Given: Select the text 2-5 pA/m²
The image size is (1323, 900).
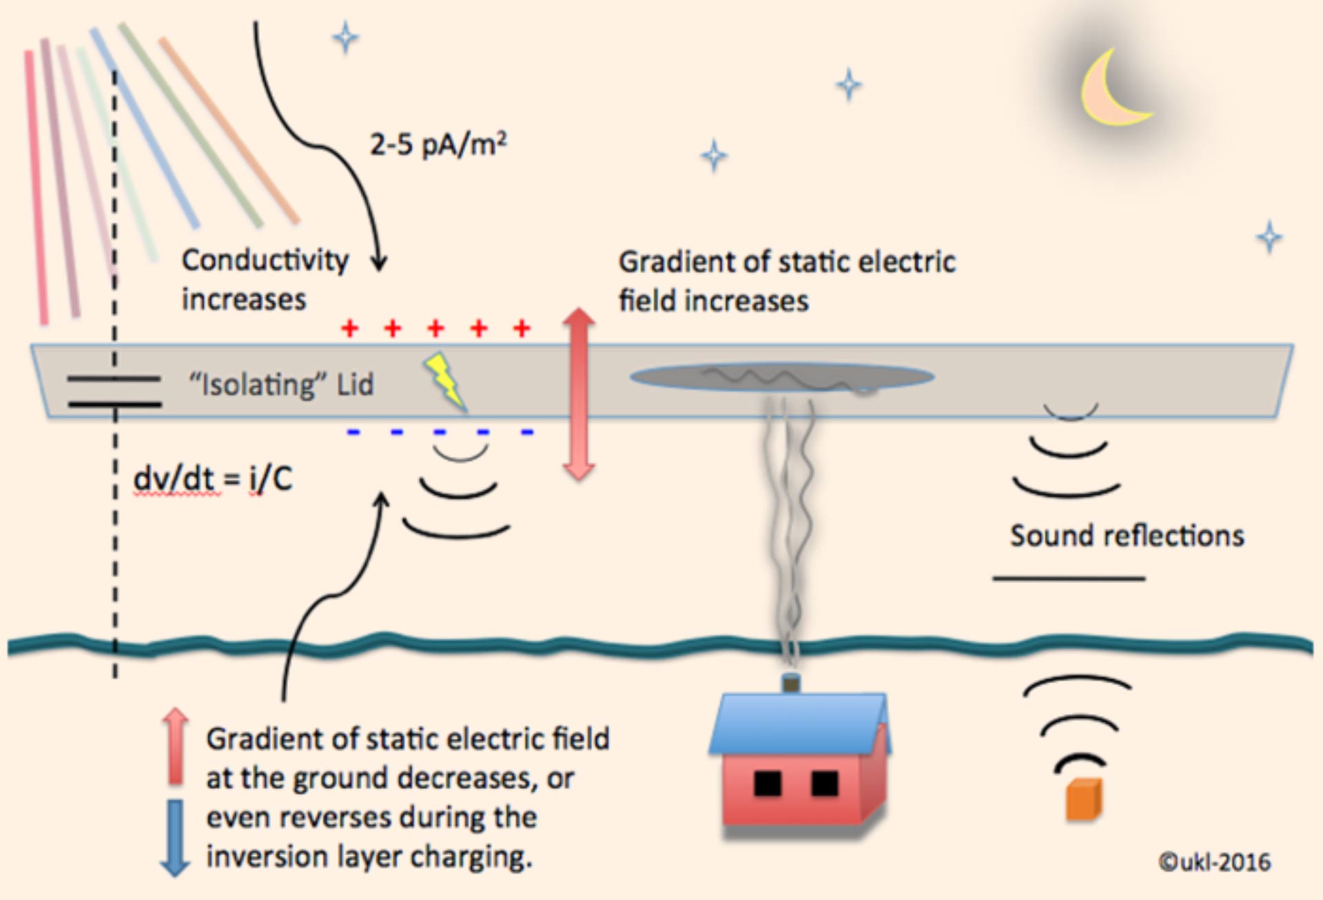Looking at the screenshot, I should [438, 145].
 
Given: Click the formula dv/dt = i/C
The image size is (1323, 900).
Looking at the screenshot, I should [213, 478].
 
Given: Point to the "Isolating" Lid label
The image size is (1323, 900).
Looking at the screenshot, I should [281, 385].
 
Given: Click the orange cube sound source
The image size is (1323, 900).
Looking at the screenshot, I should [1083, 799].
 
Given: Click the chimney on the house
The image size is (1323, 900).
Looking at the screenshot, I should [791, 683].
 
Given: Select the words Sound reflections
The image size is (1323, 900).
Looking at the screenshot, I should [1127, 535].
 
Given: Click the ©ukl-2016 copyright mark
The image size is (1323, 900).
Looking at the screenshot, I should [1214, 861].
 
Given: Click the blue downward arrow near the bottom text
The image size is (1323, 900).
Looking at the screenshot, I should [175, 837].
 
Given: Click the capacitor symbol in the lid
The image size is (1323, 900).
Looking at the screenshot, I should [114, 391].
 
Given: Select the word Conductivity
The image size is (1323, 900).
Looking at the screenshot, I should [265, 260].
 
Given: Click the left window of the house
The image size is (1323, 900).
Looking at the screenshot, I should [768, 784].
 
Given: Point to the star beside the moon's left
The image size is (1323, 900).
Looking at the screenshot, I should [848, 85].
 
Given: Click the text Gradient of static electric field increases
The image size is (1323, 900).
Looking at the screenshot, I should [786, 281].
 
